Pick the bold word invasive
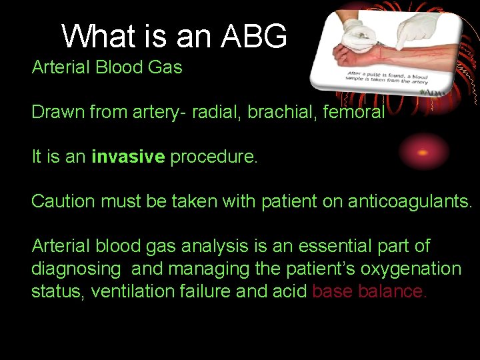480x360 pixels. coord(128,157)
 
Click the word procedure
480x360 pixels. coord(214,157)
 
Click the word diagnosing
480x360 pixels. coord(76,269)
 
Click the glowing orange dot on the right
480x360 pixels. coord(423,152)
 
